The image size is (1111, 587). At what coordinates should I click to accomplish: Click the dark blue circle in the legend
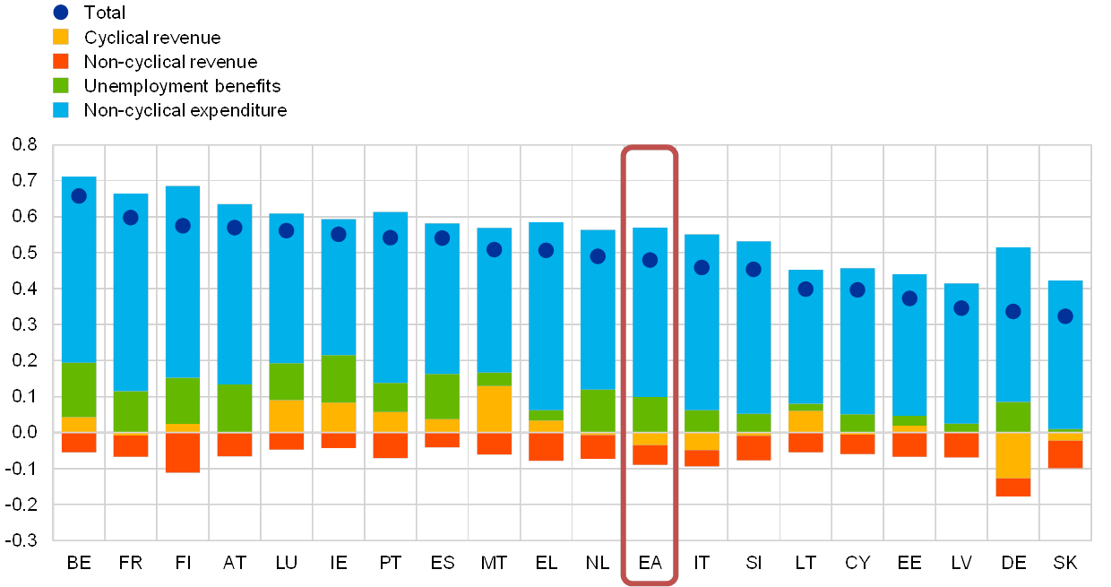point(61,13)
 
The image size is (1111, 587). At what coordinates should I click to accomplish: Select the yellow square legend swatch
point(61,38)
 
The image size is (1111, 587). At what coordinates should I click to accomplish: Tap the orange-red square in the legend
point(61,62)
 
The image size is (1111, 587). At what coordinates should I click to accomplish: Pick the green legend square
point(61,86)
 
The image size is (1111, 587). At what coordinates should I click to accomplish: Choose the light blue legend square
point(61,110)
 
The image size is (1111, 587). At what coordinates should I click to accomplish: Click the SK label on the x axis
point(1065,563)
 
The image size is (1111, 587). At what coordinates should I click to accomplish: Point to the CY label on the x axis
point(857,563)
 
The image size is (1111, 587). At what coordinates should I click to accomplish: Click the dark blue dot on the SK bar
point(1065,316)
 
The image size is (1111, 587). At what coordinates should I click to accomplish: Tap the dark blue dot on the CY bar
point(857,289)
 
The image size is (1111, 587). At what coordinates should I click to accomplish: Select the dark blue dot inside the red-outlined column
point(650,260)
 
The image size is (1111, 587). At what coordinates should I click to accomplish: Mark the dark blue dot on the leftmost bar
point(79,196)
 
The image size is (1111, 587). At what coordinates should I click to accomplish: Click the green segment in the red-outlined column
point(650,415)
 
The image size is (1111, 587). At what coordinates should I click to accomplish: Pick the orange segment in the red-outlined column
point(650,454)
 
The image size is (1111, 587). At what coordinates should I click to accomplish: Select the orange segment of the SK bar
point(1065,453)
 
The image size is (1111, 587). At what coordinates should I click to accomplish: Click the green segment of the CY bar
point(857,422)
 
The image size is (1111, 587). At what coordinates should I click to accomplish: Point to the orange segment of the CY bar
point(857,444)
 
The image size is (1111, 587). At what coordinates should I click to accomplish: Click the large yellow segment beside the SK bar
point(1013,455)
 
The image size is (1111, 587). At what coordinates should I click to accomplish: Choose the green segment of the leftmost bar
point(79,390)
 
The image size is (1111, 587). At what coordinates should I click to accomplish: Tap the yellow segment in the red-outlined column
point(650,438)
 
